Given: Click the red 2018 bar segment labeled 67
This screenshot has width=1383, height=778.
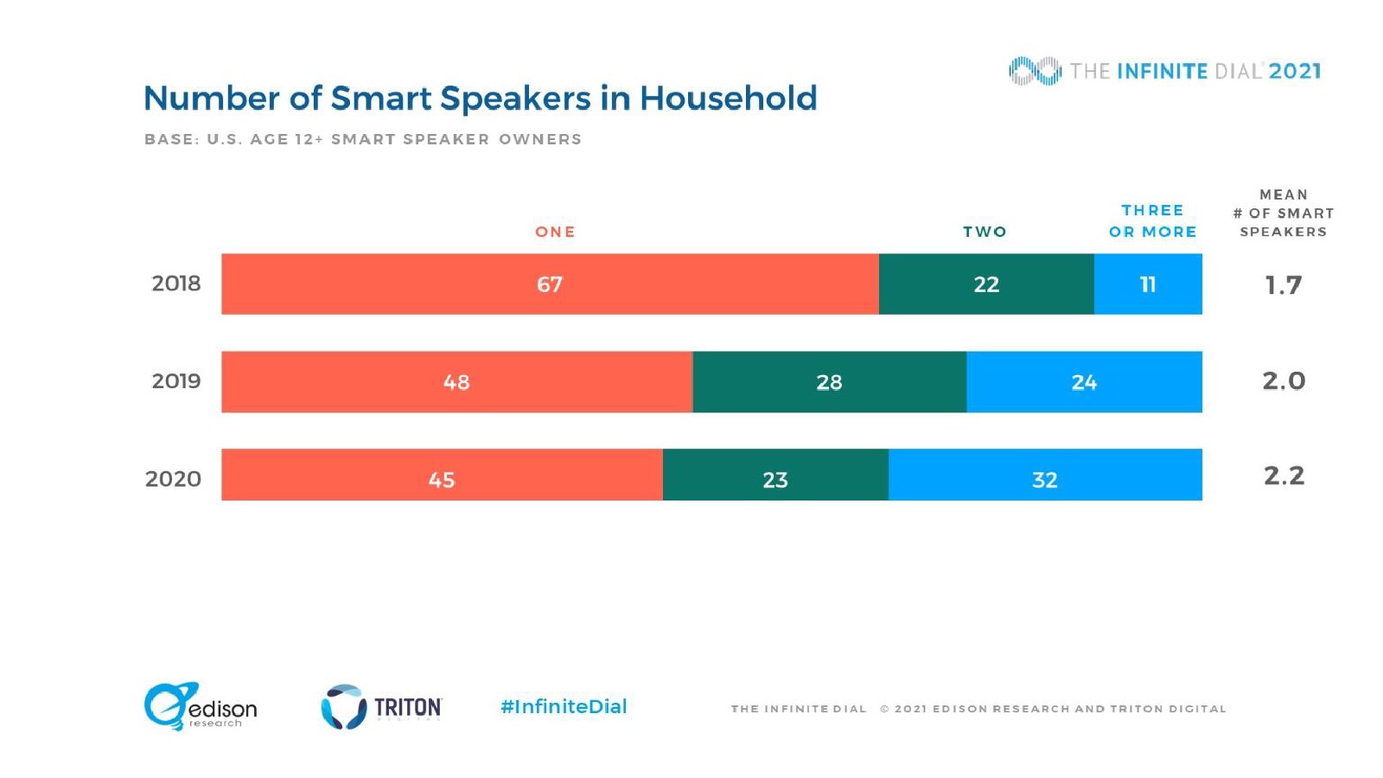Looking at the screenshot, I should [550, 284].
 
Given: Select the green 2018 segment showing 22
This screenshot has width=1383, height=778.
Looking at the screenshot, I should [986, 284].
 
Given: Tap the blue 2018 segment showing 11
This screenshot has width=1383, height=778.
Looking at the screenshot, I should [1148, 284].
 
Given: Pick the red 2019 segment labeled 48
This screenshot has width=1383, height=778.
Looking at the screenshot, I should [456, 382].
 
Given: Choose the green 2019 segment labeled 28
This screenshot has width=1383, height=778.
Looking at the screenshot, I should [829, 382].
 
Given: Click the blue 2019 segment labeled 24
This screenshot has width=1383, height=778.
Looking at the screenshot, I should [1084, 382].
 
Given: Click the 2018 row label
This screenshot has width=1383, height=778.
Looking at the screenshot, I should [176, 284].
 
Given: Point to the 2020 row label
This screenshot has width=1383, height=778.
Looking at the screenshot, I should [174, 479].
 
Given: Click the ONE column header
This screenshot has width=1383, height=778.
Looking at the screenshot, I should [555, 232].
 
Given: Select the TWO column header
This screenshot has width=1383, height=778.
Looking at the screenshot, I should [985, 232].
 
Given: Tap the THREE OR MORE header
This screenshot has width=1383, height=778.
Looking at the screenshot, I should [1152, 221].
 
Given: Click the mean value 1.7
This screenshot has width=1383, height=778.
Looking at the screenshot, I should [1284, 284].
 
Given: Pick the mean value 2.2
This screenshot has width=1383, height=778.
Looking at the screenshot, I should [1284, 475].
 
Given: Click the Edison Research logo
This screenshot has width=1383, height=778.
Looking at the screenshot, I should [201, 707].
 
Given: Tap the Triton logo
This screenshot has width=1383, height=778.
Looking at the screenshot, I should [381, 707].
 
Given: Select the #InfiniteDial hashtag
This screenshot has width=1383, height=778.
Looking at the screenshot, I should [564, 706].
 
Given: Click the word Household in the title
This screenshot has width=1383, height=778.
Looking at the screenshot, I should [728, 99].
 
